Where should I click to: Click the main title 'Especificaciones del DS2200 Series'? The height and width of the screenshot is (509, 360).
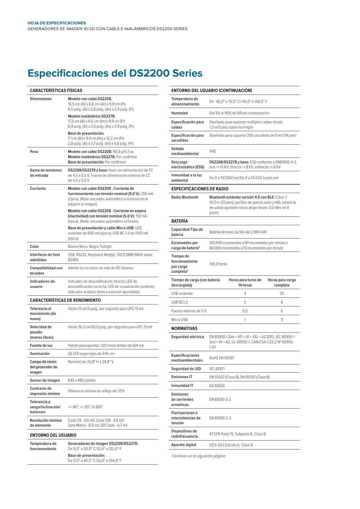[115, 73]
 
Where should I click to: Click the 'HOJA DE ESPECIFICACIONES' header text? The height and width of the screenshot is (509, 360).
[57, 23]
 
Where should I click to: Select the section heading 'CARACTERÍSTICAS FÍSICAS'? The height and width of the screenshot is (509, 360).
[56, 91]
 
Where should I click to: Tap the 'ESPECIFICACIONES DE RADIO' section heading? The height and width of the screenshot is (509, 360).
[200, 189]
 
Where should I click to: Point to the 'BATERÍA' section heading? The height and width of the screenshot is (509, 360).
[180, 221]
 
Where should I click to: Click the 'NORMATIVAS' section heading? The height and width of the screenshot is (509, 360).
[184, 328]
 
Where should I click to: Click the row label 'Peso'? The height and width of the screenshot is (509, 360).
[34, 152]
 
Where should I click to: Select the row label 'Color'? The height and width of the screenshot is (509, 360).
[35, 247]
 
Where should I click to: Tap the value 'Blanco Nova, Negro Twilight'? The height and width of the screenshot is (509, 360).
[90, 247]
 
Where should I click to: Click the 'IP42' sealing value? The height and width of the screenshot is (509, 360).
[213, 151]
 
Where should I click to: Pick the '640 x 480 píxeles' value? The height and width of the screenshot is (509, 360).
[82, 380]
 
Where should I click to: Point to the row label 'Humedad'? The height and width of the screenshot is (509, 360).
[179, 113]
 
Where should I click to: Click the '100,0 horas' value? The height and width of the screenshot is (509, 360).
[218, 264]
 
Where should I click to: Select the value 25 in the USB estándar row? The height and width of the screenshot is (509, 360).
[282, 294]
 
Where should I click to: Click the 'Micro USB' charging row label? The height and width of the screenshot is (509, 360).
[179, 320]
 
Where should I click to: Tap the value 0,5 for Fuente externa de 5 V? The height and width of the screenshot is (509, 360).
[245, 311]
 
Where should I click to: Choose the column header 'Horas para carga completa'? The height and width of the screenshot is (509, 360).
[282, 283]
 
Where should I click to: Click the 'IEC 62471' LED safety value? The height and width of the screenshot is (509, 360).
[217, 369]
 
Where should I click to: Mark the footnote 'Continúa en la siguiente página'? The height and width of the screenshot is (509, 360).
[198, 456]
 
